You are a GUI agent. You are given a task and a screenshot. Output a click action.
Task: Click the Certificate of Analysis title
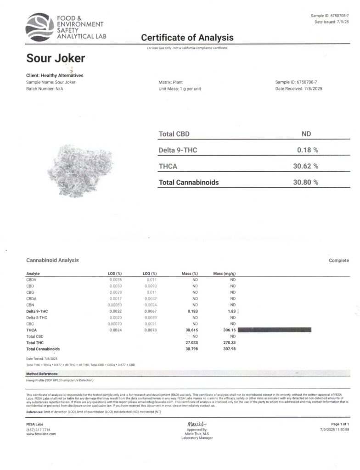(187, 38)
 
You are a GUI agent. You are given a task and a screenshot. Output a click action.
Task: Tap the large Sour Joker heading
(55, 58)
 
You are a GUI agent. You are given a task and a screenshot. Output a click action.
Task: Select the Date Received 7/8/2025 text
(299, 89)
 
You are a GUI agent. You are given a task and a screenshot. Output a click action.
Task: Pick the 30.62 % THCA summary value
(305, 166)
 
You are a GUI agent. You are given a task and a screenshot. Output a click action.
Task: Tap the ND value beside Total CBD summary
(306, 134)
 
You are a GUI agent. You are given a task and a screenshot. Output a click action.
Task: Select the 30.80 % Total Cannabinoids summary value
(305, 182)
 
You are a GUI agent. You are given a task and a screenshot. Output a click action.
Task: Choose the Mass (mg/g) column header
(225, 274)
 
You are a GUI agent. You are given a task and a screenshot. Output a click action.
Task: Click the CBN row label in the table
(31, 305)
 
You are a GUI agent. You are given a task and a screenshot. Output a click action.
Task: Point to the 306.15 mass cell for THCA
(229, 330)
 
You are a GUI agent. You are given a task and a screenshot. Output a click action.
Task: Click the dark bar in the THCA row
(275, 330)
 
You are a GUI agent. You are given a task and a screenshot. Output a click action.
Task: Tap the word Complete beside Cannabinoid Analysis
(338, 260)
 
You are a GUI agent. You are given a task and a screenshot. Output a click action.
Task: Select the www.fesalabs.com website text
(41, 434)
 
